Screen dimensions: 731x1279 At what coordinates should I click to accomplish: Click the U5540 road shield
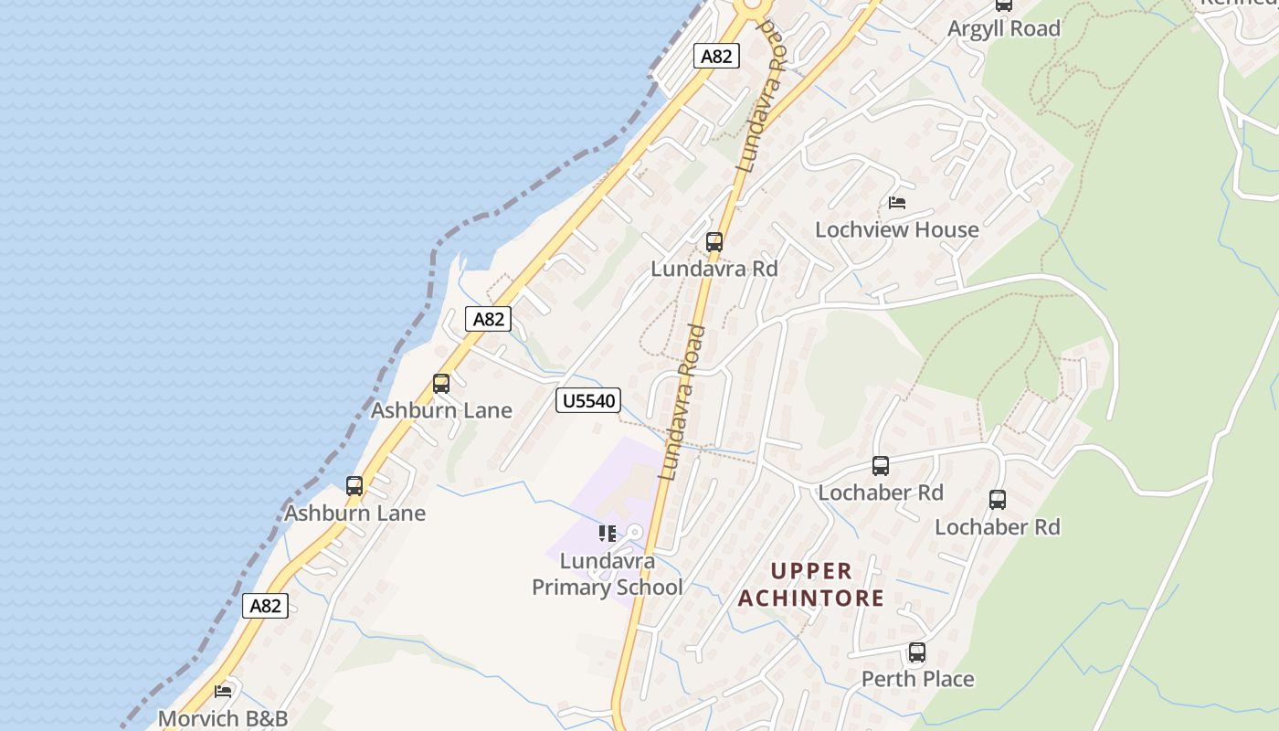pos(588,400)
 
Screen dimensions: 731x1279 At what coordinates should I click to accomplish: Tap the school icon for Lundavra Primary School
pos(607,533)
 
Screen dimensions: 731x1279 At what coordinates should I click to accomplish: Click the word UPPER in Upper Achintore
pos(811,571)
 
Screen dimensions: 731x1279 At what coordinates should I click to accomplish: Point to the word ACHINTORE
pos(811,599)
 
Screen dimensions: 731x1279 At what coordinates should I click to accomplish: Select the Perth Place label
pos(917,679)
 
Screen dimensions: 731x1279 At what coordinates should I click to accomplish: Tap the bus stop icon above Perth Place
pos(917,652)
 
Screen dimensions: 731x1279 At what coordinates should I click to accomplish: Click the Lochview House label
pos(896,229)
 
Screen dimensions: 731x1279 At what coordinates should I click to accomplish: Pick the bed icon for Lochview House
pos(897,203)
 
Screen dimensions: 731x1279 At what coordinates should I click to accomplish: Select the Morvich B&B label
pos(223,718)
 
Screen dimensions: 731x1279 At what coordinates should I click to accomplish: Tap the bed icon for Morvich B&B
pos(223,692)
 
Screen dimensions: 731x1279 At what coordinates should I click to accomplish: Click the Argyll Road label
pos(1003,28)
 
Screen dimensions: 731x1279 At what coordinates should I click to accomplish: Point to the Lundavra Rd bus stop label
pos(713,269)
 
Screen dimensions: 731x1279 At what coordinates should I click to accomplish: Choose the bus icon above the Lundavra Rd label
pos(714,242)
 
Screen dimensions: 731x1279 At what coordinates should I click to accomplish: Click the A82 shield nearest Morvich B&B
pos(265,606)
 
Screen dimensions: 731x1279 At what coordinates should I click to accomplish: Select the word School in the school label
pos(650,587)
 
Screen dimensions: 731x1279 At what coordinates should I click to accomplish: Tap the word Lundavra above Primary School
pos(608,560)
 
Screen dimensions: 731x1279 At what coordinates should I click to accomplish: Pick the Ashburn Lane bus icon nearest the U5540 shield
pos(441,384)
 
